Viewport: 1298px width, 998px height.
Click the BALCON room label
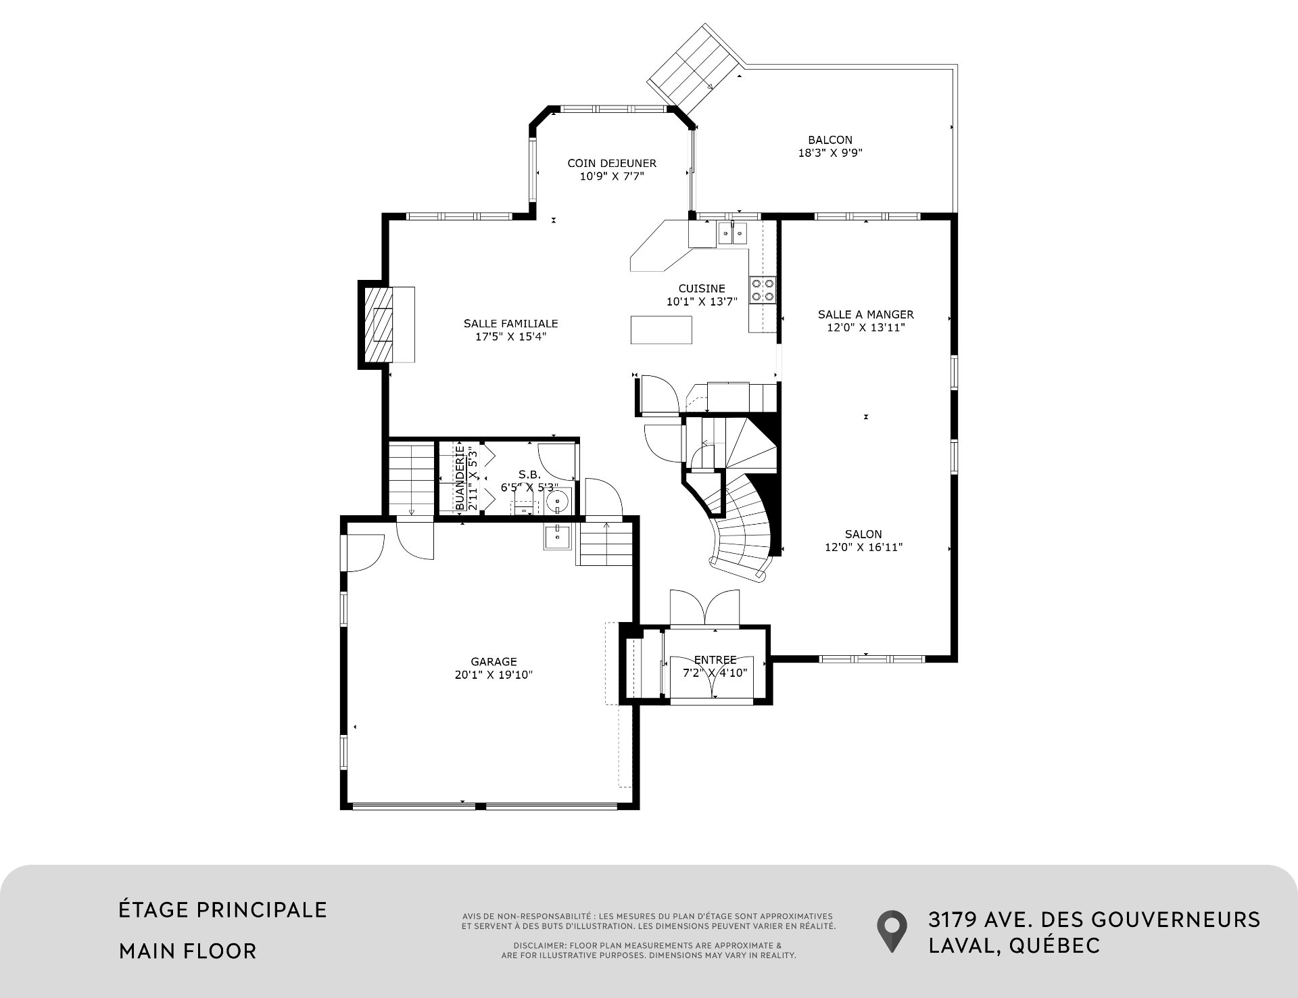pyautogui.click(x=830, y=140)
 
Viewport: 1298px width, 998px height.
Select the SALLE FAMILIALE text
pyautogui.click(x=511, y=323)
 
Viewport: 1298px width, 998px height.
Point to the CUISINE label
pyautogui.click(x=702, y=289)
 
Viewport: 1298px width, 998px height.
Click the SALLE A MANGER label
pyautogui.click(x=866, y=314)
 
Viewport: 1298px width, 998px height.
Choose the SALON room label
pyautogui.click(x=863, y=534)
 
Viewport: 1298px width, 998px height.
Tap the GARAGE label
pyautogui.click(x=494, y=662)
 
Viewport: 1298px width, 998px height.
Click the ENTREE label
pyautogui.click(x=715, y=660)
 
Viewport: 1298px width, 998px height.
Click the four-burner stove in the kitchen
pyautogui.click(x=763, y=290)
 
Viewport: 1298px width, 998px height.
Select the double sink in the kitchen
pyautogui.click(x=732, y=234)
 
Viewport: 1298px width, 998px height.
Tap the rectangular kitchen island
pyautogui.click(x=661, y=329)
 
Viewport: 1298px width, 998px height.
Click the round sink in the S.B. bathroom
pyautogui.click(x=558, y=501)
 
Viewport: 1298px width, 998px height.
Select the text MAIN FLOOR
pyautogui.click(x=188, y=951)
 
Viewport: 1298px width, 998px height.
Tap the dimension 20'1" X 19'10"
pyautogui.click(x=494, y=675)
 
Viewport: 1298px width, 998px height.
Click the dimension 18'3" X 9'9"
pyautogui.click(x=830, y=153)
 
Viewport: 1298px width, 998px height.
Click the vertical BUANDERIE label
pyautogui.click(x=460, y=477)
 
